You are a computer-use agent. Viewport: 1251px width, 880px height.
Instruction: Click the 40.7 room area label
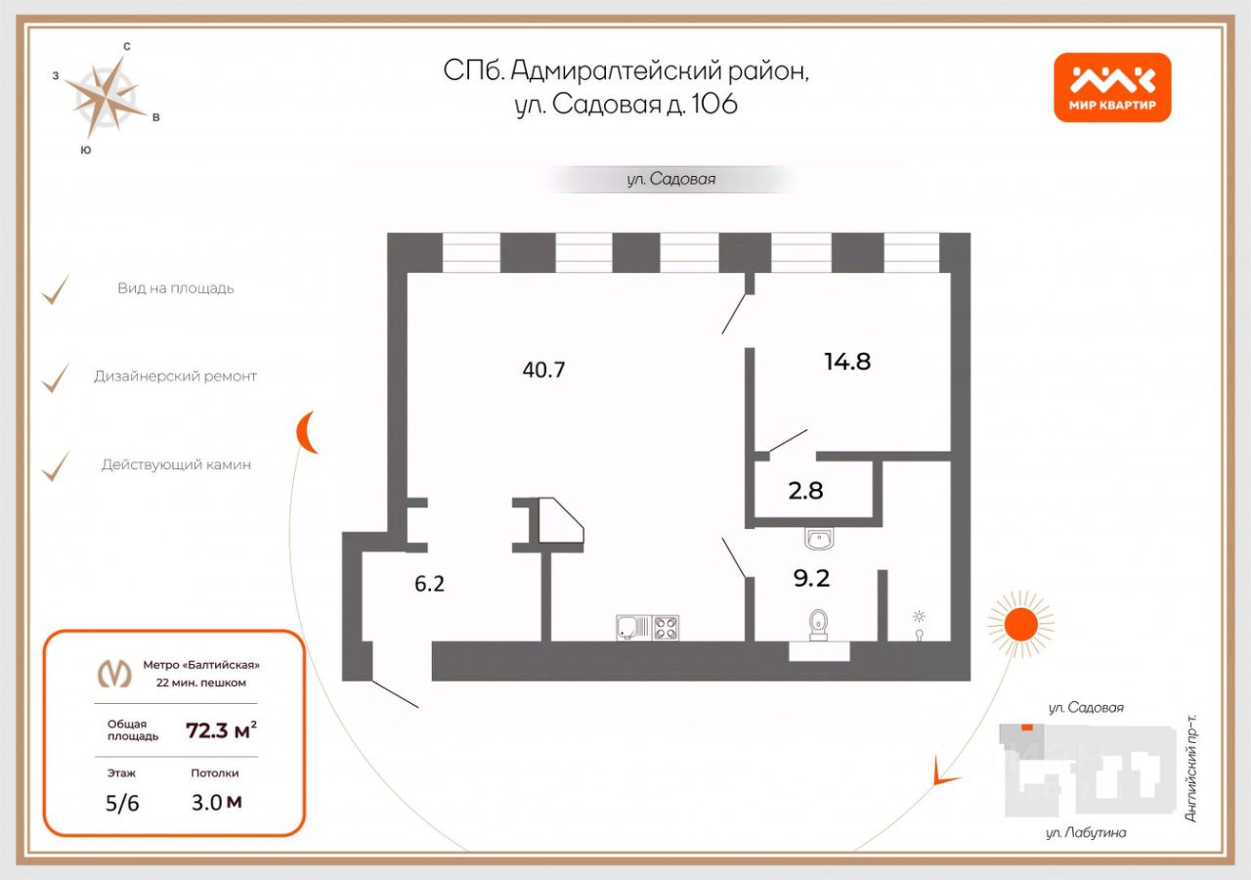(544, 370)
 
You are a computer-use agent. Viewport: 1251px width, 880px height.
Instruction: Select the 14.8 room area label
(846, 361)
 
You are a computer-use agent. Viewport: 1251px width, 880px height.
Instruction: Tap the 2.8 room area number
(805, 491)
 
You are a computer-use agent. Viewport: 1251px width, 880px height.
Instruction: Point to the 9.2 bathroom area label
(810, 578)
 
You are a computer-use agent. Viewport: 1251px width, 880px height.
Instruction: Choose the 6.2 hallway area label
(430, 584)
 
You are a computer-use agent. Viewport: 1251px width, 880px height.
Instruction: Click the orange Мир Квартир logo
(1112, 87)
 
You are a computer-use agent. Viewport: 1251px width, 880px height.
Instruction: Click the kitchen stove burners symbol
(666, 627)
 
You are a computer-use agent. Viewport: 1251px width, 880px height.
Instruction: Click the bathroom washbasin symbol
(817, 538)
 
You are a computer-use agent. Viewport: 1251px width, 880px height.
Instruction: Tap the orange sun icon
(1020, 623)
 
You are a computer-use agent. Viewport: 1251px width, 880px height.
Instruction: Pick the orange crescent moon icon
(308, 432)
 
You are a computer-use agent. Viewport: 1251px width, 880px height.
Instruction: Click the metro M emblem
(115, 673)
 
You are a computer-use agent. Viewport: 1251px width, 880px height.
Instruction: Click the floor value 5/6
(122, 804)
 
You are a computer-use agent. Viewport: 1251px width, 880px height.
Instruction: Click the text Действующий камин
(176, 464)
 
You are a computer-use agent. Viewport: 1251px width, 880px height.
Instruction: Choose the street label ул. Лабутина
(1086, 832)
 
